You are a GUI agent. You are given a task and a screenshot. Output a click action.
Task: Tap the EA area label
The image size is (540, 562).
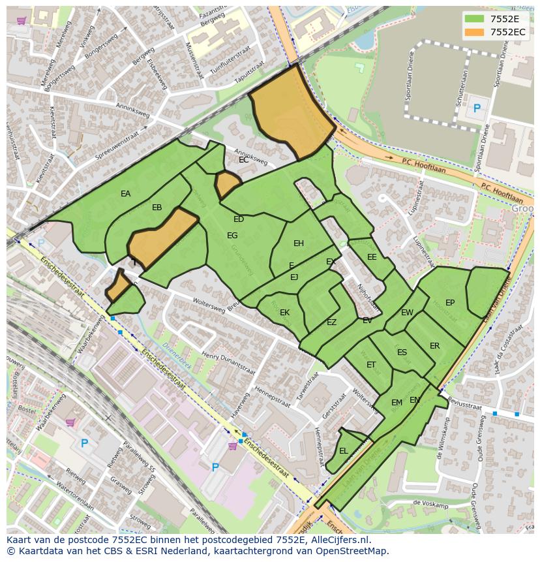[125, 194]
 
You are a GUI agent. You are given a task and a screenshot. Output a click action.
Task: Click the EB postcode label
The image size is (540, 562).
[157, 208]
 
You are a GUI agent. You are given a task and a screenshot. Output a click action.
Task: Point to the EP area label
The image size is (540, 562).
[450, 303]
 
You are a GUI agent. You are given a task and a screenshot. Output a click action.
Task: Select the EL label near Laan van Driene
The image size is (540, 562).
[344, 451]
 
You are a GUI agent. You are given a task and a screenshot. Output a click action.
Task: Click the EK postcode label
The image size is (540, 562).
[284, 313]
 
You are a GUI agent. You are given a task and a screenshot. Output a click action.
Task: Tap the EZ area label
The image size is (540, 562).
[331, 322]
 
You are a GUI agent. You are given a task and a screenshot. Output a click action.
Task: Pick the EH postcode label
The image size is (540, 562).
[299, 243]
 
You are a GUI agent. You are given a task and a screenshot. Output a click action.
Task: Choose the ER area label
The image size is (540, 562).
[434, 346]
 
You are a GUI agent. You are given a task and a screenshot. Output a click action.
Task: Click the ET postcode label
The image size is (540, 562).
[371, 365]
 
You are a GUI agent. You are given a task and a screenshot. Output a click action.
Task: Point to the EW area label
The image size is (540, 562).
[407, 313]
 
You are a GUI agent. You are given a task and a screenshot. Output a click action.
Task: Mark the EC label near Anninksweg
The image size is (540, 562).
[243, 159]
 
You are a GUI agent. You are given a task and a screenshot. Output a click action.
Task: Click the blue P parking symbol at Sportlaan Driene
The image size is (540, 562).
[477, 108]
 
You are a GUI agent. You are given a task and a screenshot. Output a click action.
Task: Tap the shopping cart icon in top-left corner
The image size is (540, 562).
[21, 21]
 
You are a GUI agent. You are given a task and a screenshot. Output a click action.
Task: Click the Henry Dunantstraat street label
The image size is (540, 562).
[228, 362]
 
